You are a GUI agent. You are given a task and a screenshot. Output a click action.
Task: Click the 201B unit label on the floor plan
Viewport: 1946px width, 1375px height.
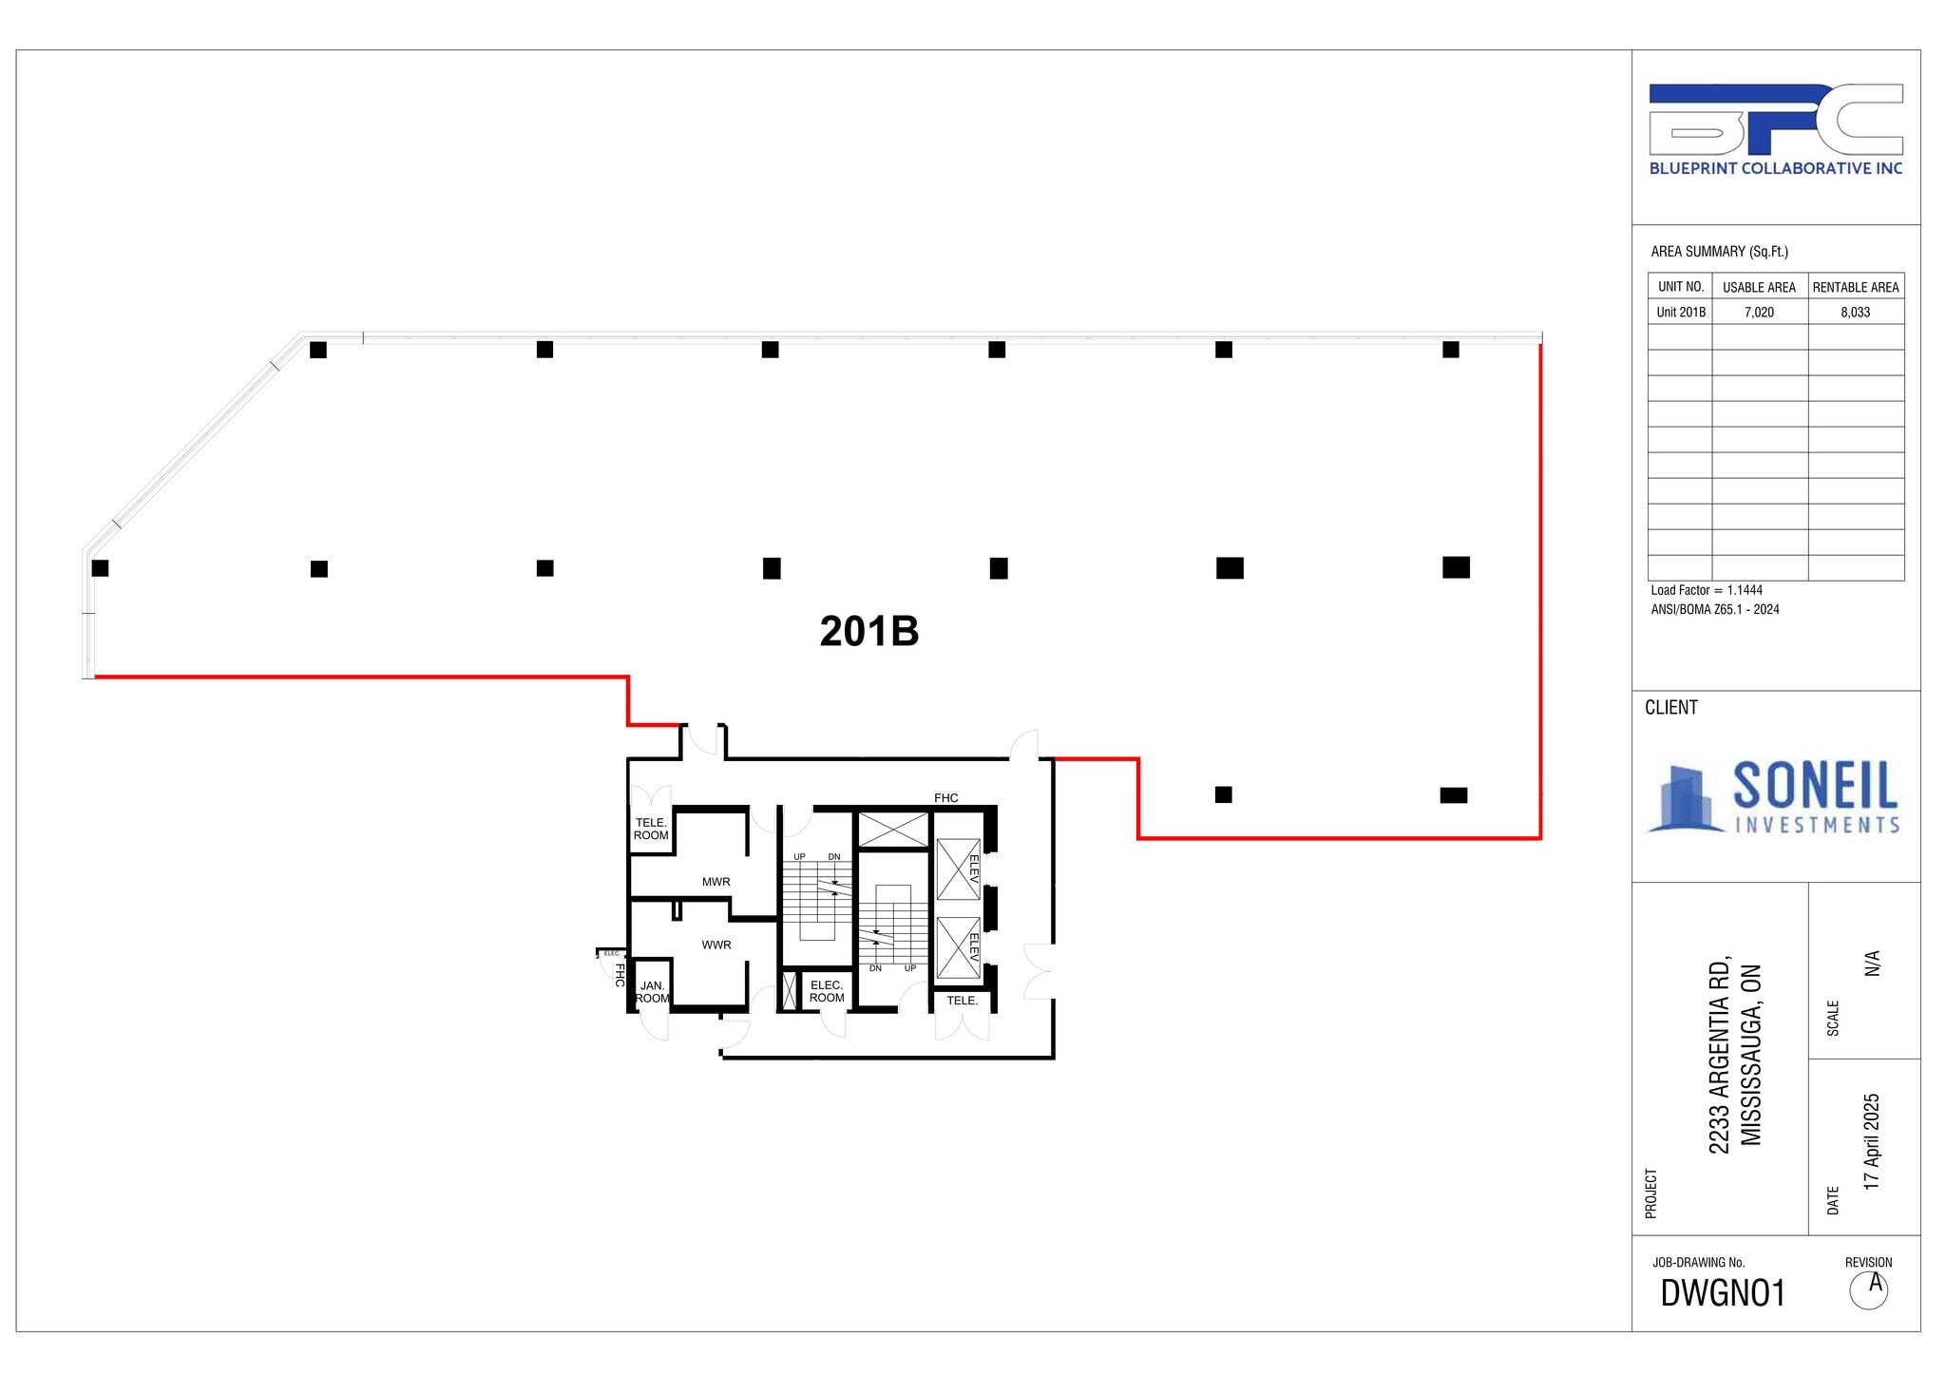pyautogui.click(x=868, y=632)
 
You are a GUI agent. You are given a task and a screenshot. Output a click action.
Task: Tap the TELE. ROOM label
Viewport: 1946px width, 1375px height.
pyautogui.click(x=651, y=830)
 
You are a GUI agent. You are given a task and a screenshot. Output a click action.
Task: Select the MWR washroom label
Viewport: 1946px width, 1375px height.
pyautogui.click(x=716, y=882)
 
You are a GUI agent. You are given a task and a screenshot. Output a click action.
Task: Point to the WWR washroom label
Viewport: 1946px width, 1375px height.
pyautogui.click(x=716, y=945)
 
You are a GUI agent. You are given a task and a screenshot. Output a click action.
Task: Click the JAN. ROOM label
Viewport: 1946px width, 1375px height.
pyautogui.click(x=653, y=992)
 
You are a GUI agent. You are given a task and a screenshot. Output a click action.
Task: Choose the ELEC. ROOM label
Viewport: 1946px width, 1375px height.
pyautogui.click(x=827, y=991)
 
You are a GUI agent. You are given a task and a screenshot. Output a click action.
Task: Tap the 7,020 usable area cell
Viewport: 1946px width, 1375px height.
pyautogui.click(x=1759, y=313)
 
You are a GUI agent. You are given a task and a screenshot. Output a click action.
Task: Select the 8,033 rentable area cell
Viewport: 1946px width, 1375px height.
pyautogui.click(x=1855, y=313)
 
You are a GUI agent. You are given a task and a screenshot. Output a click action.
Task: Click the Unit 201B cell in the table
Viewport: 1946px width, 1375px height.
pyautogui.click(x=1680, y=313)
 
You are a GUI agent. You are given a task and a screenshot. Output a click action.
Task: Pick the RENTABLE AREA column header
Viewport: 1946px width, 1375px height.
pyautogui.click(x=1855, y=287)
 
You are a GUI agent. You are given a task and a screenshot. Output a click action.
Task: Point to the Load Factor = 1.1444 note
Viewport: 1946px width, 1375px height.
pyautogui.click(x=1707, y=590)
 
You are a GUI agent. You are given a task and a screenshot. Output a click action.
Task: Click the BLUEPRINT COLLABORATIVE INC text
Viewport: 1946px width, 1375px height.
pyautogui.click(x=1775, y=168)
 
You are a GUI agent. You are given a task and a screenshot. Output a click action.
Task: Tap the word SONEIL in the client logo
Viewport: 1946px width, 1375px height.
pyautogui.click(x=1815, y=786)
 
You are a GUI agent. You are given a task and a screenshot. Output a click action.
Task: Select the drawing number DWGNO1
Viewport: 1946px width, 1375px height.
pyautogui.click(x=1723, y=1293)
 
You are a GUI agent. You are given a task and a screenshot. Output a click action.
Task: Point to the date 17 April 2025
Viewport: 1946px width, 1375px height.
pyautogui.click(x=1871, y=1141)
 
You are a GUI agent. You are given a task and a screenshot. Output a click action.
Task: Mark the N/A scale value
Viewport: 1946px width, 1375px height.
pyautogui.click(x=1871, y=963)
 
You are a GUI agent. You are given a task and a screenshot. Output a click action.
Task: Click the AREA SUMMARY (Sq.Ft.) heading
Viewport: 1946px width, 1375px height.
pyautogui.click(x=1719, y=252)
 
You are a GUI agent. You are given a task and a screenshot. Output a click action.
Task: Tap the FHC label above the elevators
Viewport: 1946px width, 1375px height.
pyautogui.click(x=945, y=798)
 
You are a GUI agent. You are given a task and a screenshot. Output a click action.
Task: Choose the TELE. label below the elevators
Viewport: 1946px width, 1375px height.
pyautogui.click(x=962, y=1001)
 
